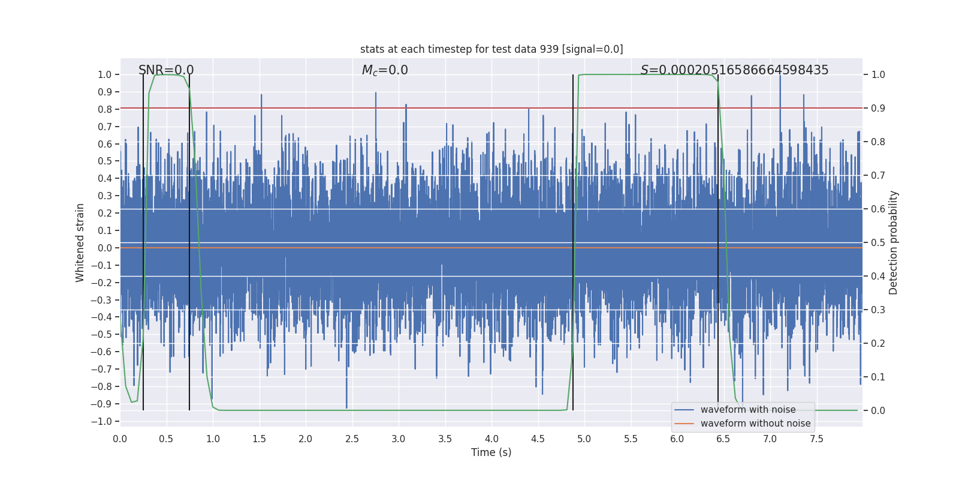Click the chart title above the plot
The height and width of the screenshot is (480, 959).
491,49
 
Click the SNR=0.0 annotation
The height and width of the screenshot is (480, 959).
166,70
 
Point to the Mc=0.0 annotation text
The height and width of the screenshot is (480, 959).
385,70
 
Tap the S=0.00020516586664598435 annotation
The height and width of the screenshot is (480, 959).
734,70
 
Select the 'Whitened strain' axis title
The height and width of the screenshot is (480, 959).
80,242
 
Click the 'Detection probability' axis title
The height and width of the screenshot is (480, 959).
894,242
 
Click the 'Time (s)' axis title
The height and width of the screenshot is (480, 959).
491,452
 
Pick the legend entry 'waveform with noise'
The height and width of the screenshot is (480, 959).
748,410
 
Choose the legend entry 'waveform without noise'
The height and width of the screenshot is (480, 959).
755,424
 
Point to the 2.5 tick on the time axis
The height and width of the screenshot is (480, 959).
352,439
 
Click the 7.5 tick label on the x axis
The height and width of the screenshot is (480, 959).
816,439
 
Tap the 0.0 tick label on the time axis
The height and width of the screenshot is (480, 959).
120,439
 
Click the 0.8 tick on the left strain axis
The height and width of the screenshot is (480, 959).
104,109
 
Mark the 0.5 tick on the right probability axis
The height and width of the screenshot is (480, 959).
878,242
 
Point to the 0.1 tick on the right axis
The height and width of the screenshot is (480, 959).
878,377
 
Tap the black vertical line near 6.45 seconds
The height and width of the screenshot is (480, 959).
718,240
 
